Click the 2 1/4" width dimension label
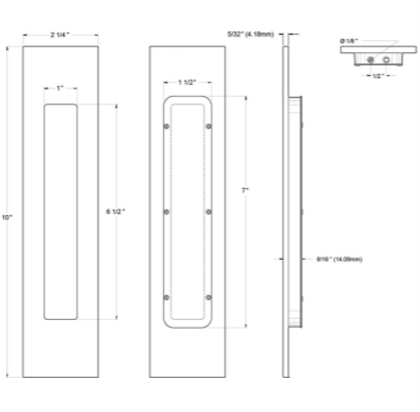click(x=60, y=35)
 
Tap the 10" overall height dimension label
click(x=7, y=217)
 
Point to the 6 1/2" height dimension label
click(x=115, y=211)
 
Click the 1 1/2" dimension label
click(x=187, y=82)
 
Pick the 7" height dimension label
click(x=245, y=190)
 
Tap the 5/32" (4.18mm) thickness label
click(x=251, y=34)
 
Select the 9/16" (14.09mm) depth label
click(x=339, y=259)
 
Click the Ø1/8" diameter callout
click(x=349, y=40)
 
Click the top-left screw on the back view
click(x=166, y=126)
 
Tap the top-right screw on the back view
click(x=209, y=126)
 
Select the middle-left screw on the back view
click(x=166, y=212)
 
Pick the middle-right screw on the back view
click(x=209, y=212)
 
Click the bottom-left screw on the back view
click(x=166, y=297)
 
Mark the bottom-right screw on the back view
click(x=209, y=297)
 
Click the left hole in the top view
click(x=370, y=60)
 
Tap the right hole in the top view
click(x=386, y=60)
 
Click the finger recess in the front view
click(x=60, y=212)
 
